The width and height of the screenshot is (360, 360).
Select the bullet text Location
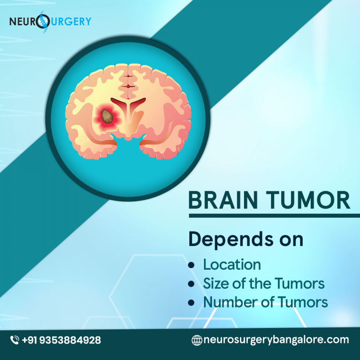pos(232,264)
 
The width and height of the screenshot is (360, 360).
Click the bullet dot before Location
pos(192,265)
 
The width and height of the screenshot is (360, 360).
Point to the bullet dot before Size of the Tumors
pos(192,284)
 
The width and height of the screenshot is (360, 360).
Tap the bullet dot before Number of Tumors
pos(192,303)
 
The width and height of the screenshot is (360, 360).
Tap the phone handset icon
pos(15,340)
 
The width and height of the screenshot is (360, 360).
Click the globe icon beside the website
pos(196,340)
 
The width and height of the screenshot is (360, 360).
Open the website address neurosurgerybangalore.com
pos(276,340)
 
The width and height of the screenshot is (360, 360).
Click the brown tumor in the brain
pos(106,116)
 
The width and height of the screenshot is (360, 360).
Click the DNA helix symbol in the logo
pos(43,21)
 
